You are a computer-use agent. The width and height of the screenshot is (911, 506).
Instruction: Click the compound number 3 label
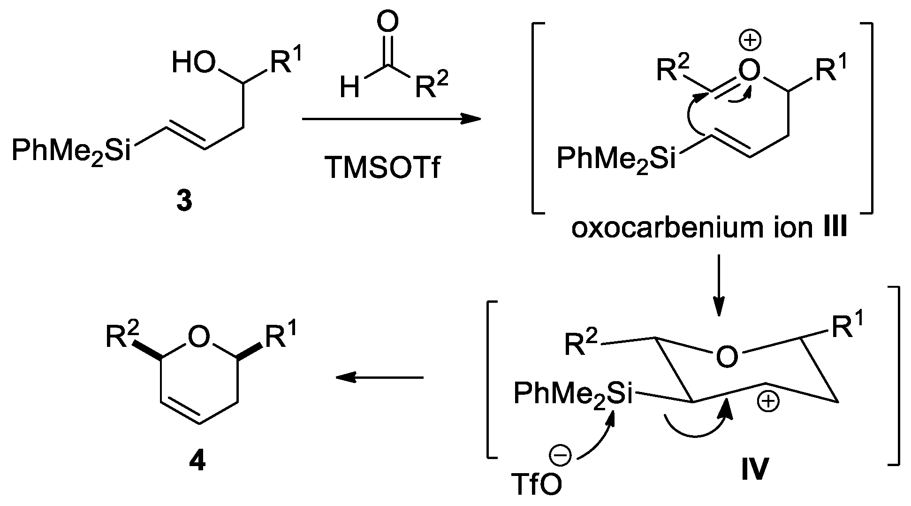[184, 202]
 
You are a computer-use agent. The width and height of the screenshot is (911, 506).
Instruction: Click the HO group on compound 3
[194, 64]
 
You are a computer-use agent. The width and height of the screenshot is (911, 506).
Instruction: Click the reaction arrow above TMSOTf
[391, 119]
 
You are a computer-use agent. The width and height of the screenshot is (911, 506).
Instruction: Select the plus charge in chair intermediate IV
[767, 403]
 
